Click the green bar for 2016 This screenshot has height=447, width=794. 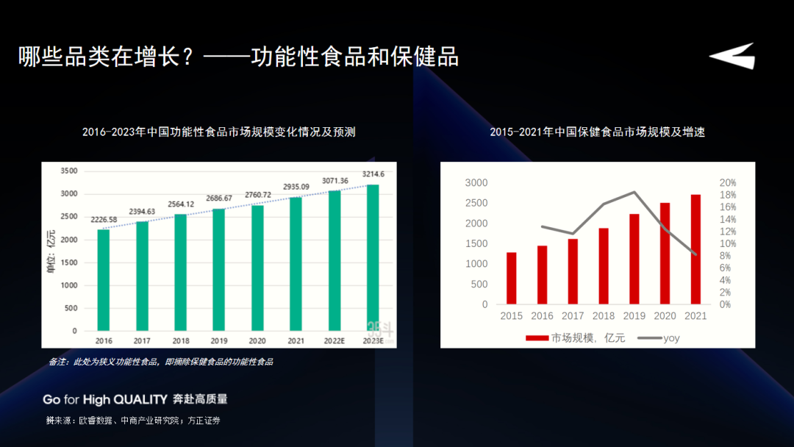pos(104,280)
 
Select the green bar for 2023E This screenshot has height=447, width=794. pos(373,257)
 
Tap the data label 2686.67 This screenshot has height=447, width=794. pos(218,199)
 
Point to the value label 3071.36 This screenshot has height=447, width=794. pos(334,181)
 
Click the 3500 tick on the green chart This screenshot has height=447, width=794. pos(68,171)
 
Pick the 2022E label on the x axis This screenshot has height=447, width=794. pos(334,341)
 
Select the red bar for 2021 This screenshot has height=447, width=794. pos(695,249)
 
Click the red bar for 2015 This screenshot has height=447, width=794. pos(512,278)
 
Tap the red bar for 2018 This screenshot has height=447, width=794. pos(604,266)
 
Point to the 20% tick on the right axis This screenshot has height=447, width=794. pos(727,183)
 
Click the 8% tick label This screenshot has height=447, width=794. pos(725,256)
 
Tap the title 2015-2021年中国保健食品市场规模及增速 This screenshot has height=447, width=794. pos(598,132)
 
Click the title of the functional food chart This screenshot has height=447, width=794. pos(219,132)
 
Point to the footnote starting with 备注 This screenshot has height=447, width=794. pos(161,362)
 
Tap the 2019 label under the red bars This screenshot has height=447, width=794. pos(634,316)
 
